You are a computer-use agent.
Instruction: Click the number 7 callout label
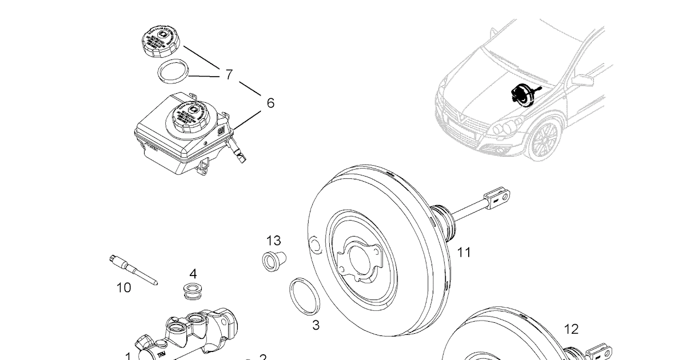point(229,74)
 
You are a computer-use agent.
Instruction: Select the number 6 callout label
point(270,103)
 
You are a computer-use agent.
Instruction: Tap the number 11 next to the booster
point(464,251)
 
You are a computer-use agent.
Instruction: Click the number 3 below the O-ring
point(316,326)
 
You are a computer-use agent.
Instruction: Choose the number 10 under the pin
point(123,287)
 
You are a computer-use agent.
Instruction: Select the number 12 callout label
point(571,329)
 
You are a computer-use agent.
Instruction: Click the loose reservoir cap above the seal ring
point(160,41)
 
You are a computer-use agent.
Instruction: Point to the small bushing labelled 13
point(273,259)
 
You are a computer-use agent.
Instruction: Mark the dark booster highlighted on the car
point(521,94)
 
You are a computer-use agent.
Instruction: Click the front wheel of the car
point(544,140)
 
